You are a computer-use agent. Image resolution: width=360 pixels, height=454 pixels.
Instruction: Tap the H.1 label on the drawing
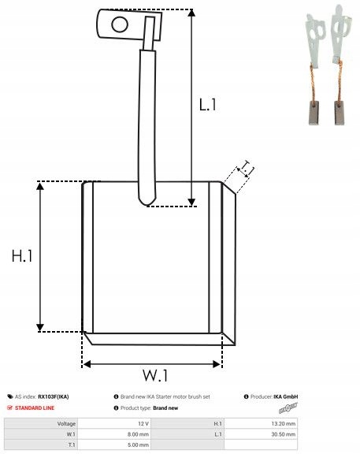[22, 255]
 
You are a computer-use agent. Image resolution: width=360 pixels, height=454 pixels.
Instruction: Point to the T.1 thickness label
[247, 168]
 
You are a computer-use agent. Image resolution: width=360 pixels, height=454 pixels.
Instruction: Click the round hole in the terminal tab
[119, 24]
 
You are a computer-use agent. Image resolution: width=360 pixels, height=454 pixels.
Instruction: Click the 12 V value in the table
[143, 423]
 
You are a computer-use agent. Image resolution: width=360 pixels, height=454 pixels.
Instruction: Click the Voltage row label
[66, 423]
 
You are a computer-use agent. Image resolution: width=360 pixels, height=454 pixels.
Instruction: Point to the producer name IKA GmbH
[285, 396]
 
